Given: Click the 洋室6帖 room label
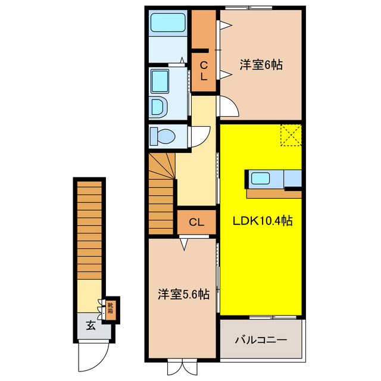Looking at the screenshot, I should click(x=261, y=65).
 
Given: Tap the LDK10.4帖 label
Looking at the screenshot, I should click(x=262, y=221).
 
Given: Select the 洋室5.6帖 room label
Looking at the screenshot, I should click(x=183, y=293).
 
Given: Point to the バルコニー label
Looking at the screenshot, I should click(x=261, y=341).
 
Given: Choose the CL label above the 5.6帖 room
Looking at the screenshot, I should click(x=196, y=223).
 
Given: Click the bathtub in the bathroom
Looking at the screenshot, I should click(x=168, y=23).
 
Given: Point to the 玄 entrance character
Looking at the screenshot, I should click(x=90, y=325).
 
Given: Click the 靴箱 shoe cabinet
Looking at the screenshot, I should click(x=110, y=308).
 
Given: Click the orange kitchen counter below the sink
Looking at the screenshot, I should click(x=274, y=193).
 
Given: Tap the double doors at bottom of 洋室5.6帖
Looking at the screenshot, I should click(x=182, y=367).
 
